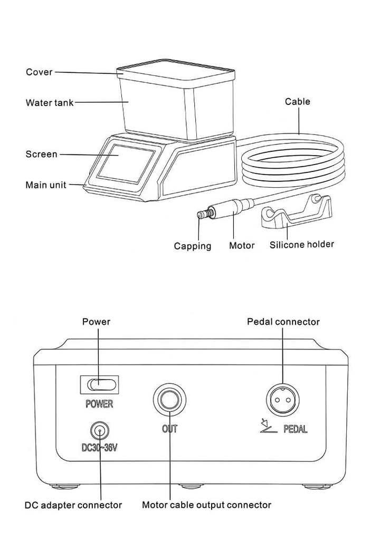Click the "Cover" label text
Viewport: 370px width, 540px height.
39,72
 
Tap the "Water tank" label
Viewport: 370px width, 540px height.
50,103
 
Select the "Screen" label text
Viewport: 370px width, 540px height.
41,155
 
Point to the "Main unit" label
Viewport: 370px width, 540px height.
46,185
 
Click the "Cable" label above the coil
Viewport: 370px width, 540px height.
298,101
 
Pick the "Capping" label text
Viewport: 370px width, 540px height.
193,246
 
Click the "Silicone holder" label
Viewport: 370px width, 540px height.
301,245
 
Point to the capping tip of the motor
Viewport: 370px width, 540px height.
201,215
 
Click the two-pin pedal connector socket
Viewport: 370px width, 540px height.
282,399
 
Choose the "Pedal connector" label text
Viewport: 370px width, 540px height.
283,321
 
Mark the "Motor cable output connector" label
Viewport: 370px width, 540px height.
206,505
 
